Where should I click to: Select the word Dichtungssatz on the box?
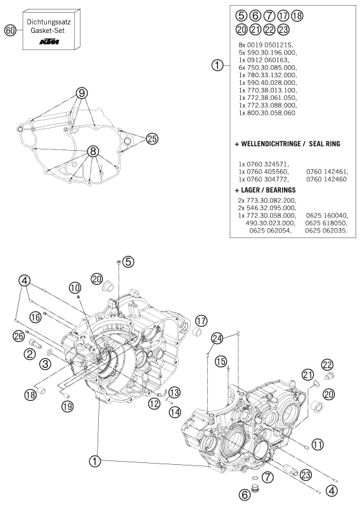point(51,22)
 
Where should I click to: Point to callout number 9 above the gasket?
point(81,93)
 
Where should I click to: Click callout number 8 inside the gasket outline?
point(93,151)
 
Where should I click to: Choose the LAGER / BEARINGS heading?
point(271,189)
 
